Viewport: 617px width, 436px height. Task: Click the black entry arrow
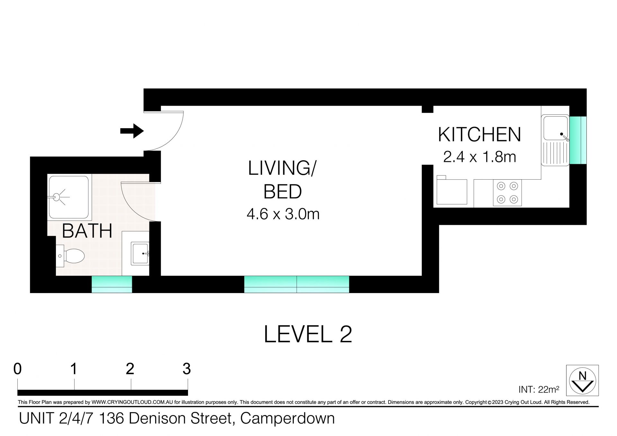click(132, 131)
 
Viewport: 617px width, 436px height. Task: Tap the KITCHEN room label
click(479, 135)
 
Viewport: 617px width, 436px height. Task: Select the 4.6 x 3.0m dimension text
click(283, 214)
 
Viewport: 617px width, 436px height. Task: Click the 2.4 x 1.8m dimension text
click(479, 157)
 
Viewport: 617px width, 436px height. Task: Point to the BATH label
click(87, 231)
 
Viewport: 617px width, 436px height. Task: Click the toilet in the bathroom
click(70, 256)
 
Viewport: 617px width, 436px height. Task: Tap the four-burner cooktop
click(507, 193)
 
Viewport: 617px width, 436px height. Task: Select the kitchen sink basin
click(555, 128)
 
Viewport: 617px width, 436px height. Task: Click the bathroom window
click(112, 284)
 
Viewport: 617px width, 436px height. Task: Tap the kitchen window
click(578, 140)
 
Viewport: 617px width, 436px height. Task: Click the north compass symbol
click(582, 381)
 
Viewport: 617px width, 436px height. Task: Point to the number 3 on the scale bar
click(187, 369)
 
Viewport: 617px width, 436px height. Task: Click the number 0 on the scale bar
click(18, 369)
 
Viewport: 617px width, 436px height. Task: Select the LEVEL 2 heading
click(308, 334)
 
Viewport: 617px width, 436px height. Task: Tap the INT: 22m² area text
click(539, 389)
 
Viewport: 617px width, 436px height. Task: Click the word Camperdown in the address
click(288, 418)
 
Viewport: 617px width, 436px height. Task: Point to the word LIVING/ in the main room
click(282, 168)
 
